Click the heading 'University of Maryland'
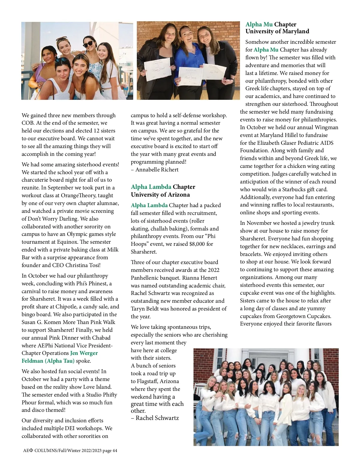pos(277,31)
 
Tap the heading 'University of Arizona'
pos(160,195)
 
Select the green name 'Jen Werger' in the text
pos(84,353)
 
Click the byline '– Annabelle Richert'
pos(154,170)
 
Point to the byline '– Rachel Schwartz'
pos(155,418)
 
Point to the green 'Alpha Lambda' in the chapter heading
pos(151,187)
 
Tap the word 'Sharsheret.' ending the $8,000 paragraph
pos(144,252)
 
